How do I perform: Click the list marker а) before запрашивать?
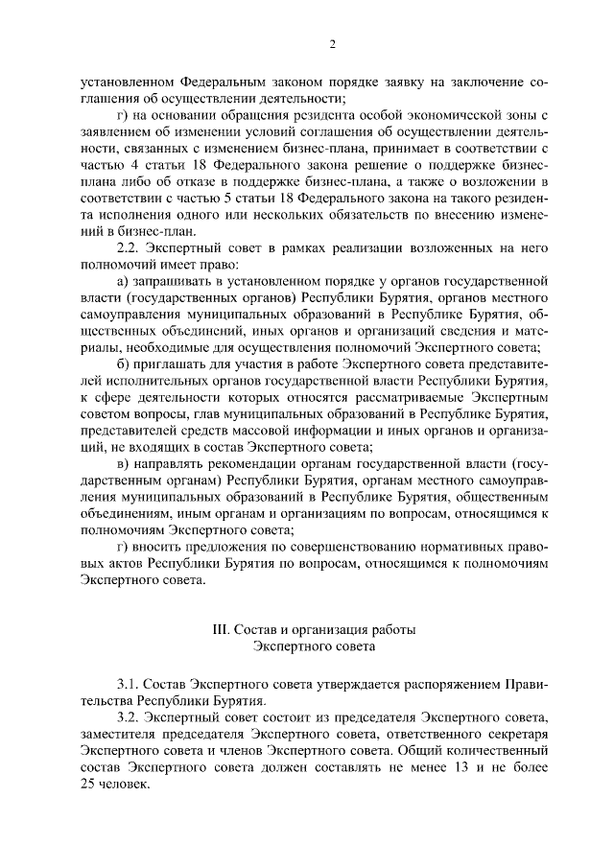click(122, 280)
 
